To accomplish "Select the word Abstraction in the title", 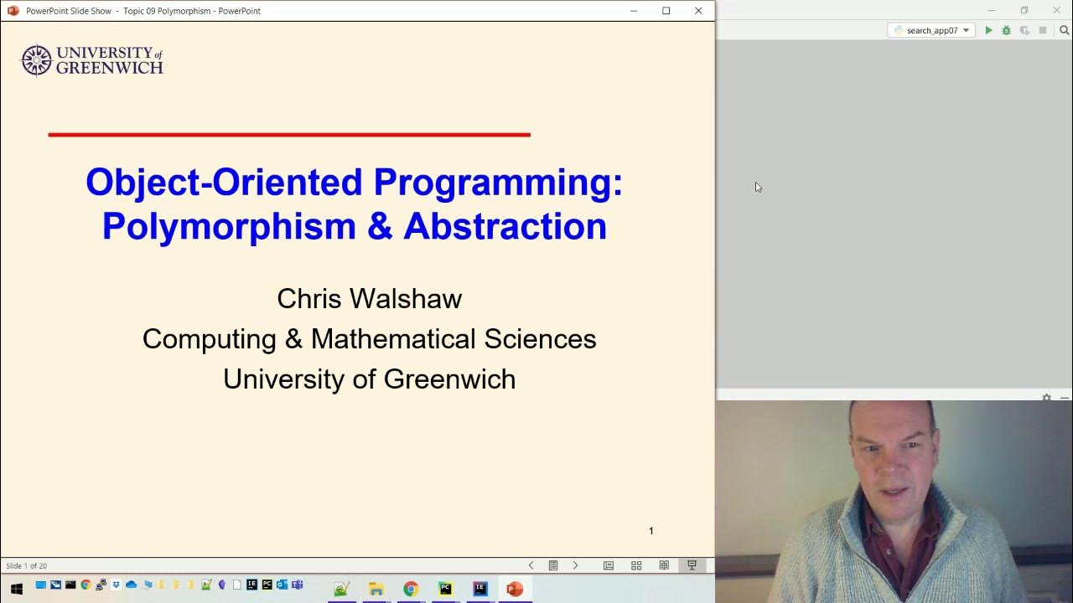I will point(505,227).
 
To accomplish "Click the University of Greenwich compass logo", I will point(36,60).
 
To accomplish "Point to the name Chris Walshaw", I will point(369,299).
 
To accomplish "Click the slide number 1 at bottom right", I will point(651,531).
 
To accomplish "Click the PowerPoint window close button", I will point(698,11).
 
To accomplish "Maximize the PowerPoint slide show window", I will point(666,11).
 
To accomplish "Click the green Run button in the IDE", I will point(988,30).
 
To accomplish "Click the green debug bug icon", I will point(1006,30).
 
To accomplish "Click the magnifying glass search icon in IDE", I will point(1064,30).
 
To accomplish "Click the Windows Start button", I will point(16,589).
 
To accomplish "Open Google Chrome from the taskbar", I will point(411,589).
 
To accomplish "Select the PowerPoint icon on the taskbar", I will point(515,589).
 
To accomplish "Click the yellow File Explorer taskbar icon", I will point(376,589).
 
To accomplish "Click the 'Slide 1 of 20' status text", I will point(27,566).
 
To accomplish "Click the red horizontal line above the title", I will point(289,134).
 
